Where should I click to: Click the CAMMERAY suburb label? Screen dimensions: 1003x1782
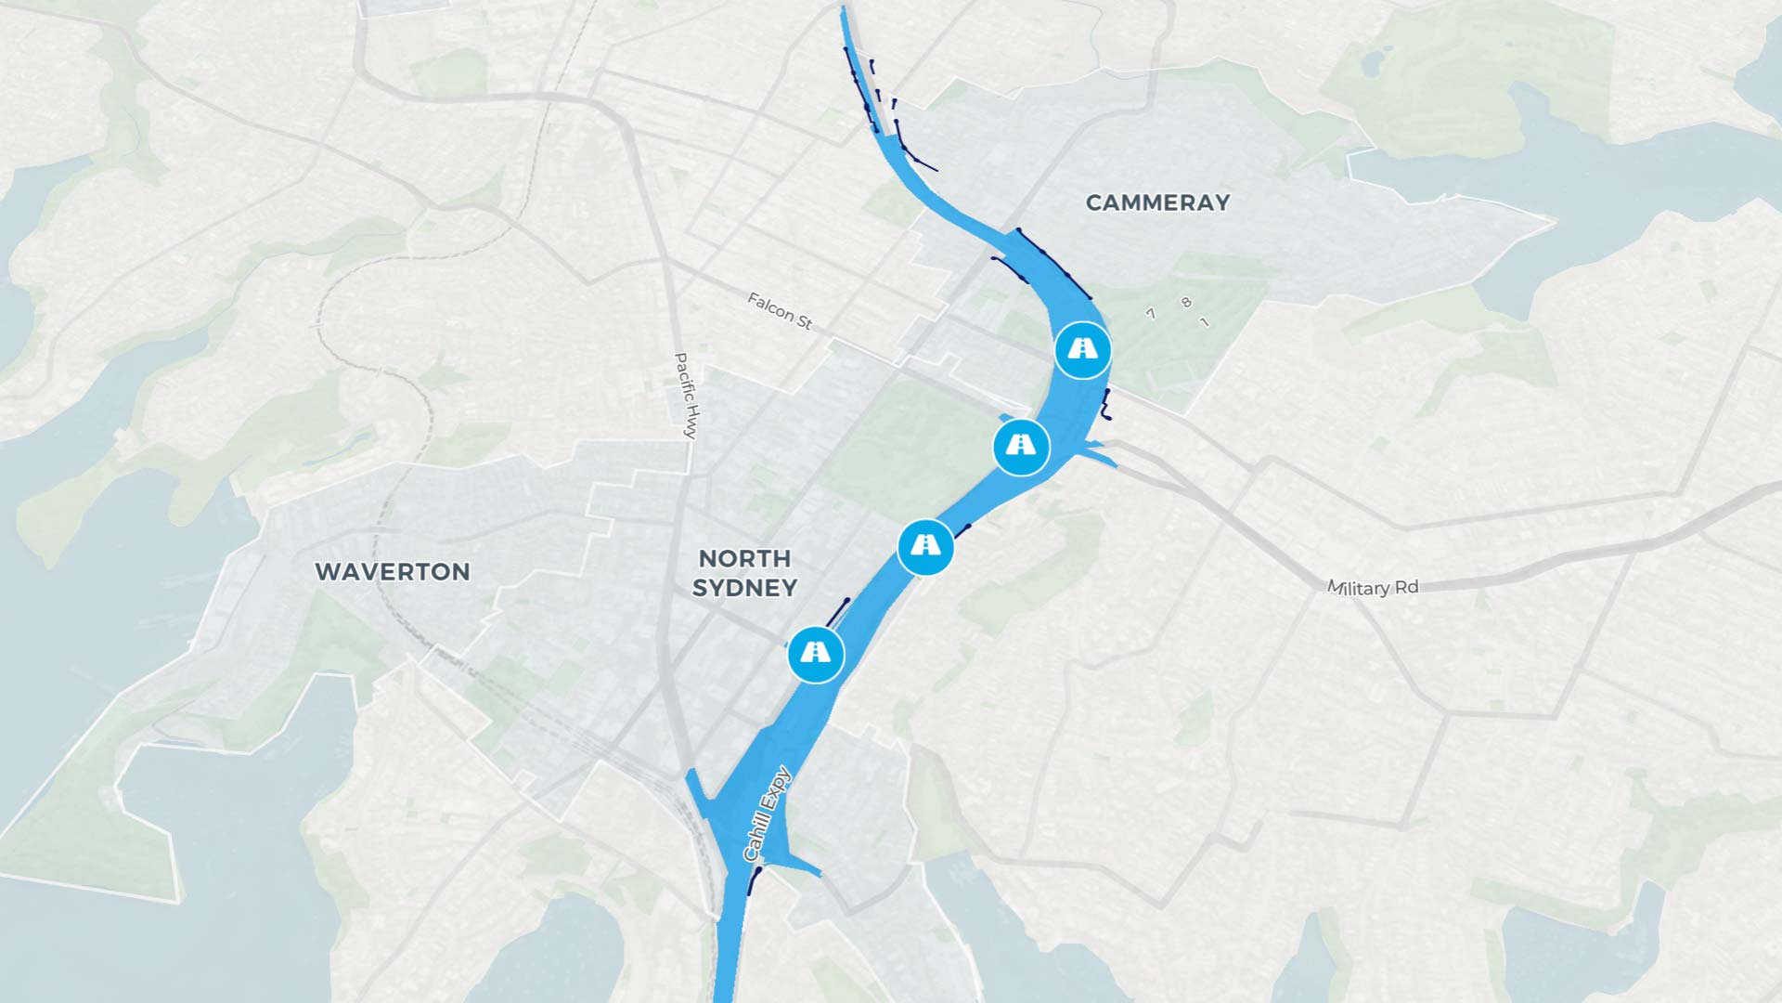pyautogui.click(x=1157, y=202)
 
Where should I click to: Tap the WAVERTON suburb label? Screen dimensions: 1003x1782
pyautogui.click(x=392, y=572)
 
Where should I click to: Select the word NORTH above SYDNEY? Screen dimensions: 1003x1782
pyautogui.click(x=744, y=559)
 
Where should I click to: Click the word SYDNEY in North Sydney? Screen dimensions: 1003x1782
pyautogui.click(x=744, y=588)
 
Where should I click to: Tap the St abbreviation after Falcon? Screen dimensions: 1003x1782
pyautogui.click(x=804, y=322)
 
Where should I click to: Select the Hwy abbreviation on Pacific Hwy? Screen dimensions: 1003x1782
pyautogui.click(x=690, y=424)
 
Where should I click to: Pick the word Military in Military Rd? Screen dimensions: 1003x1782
pyautogui.click(x=1359, y=588)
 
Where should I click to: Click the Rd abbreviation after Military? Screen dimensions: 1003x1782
pyautogui.click(x=1407, y=586)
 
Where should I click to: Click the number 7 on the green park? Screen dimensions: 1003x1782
pyautogui.click(x=1151, y=314)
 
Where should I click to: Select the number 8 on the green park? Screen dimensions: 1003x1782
pyautogui.click(x=1185, y=303)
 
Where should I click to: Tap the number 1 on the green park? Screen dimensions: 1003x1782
pyautogui.click(x=1205, y=322)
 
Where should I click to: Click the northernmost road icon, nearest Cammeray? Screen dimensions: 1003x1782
pyautogui.click(x=1082, y=350)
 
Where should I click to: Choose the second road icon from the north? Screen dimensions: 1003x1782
pyautogui.click(x=1021, y=448)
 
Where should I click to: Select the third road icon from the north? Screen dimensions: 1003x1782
pyautogui.click(x=925, y=546)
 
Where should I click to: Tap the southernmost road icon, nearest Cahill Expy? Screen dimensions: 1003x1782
pyautogui.click(x=816, y=654)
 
